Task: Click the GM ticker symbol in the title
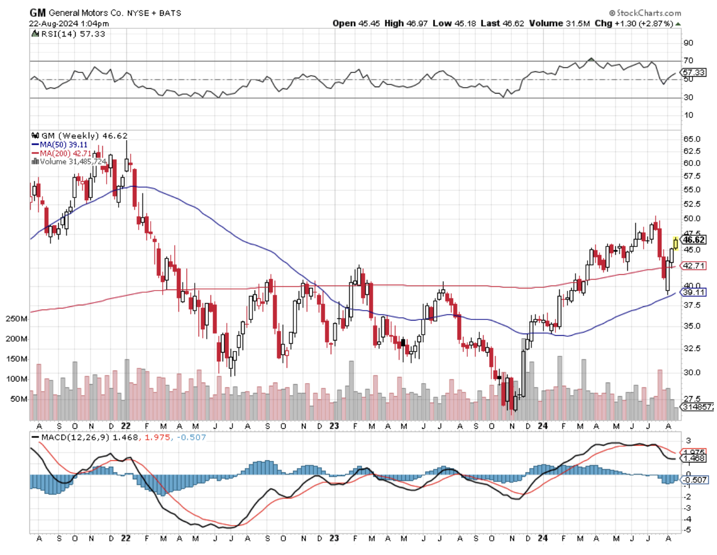pyautogui.click(x=38, y=13)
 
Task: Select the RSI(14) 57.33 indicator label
pyautogui.click(x=73, y=34)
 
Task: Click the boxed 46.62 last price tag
pyautogui.click(x=694, y=239)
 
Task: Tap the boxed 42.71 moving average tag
pyautogui.click(x=694, y=266)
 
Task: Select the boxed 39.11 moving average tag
pyautogui.click(x=694, y=292)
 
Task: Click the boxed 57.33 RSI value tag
pyautogui.click(x=694, y=72)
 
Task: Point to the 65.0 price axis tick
pyautogui.click(x=691, y=139)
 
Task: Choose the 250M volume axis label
pyautogui.click(x=16, y=319)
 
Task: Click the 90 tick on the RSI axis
pyautogui.click(x=688, y=42)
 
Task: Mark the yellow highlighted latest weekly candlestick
pyautogui.click(x=675, y=243)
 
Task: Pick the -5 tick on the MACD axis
pyautogui.click(x=688, y=529)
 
